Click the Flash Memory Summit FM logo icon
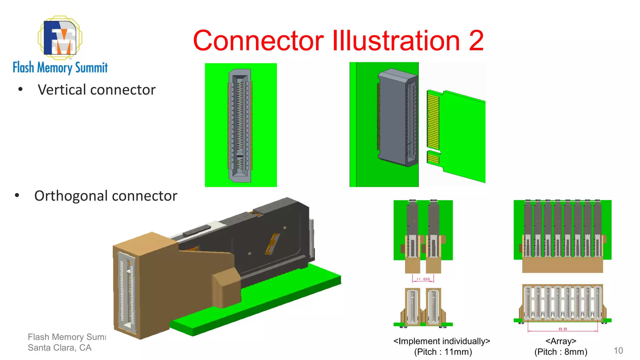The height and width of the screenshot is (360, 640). [60, 38]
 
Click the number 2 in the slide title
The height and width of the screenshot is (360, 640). [476, 41]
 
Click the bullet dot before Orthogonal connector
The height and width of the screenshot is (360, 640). [17, 196]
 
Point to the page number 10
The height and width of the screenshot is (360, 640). [618, 350]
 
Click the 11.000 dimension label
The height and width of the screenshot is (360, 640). [423, 279]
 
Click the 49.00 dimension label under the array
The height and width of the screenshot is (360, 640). [562, 329]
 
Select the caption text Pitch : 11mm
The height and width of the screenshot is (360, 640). [443, 352]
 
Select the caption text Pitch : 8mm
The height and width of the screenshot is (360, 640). [561, 352]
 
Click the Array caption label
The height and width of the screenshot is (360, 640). [561, 341]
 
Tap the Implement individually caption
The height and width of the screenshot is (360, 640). [442, 341]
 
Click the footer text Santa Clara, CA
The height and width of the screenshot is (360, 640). [59, 347]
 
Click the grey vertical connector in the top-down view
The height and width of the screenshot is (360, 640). [240, 125]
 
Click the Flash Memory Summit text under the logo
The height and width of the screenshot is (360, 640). [60, 67]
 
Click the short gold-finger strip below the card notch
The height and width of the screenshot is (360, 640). [433, 158]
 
